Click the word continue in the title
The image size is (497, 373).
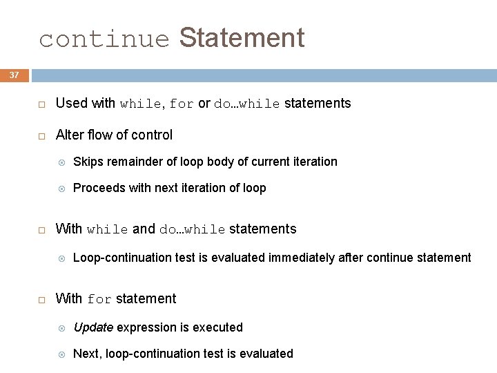coord(104,39)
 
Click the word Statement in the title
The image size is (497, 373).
coord(242,37)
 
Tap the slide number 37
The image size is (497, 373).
coord(14,75)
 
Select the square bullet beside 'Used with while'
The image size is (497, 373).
coord(41,104)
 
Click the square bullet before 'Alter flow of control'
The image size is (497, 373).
coord(41,135)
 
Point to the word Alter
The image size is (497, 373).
coord(69,135)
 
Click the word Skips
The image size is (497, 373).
coord(87,162)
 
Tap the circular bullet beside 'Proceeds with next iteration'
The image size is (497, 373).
coord(61,189)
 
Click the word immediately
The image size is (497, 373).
coord(302,258)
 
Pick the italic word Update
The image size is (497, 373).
coord(92,327)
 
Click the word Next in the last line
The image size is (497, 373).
coord(85,354)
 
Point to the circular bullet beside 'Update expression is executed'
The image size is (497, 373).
coord(61,328)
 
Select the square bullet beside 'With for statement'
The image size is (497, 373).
coord(41,300)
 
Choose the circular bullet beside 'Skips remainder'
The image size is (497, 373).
coord(61,162)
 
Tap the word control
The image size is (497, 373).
coord(153,135)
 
